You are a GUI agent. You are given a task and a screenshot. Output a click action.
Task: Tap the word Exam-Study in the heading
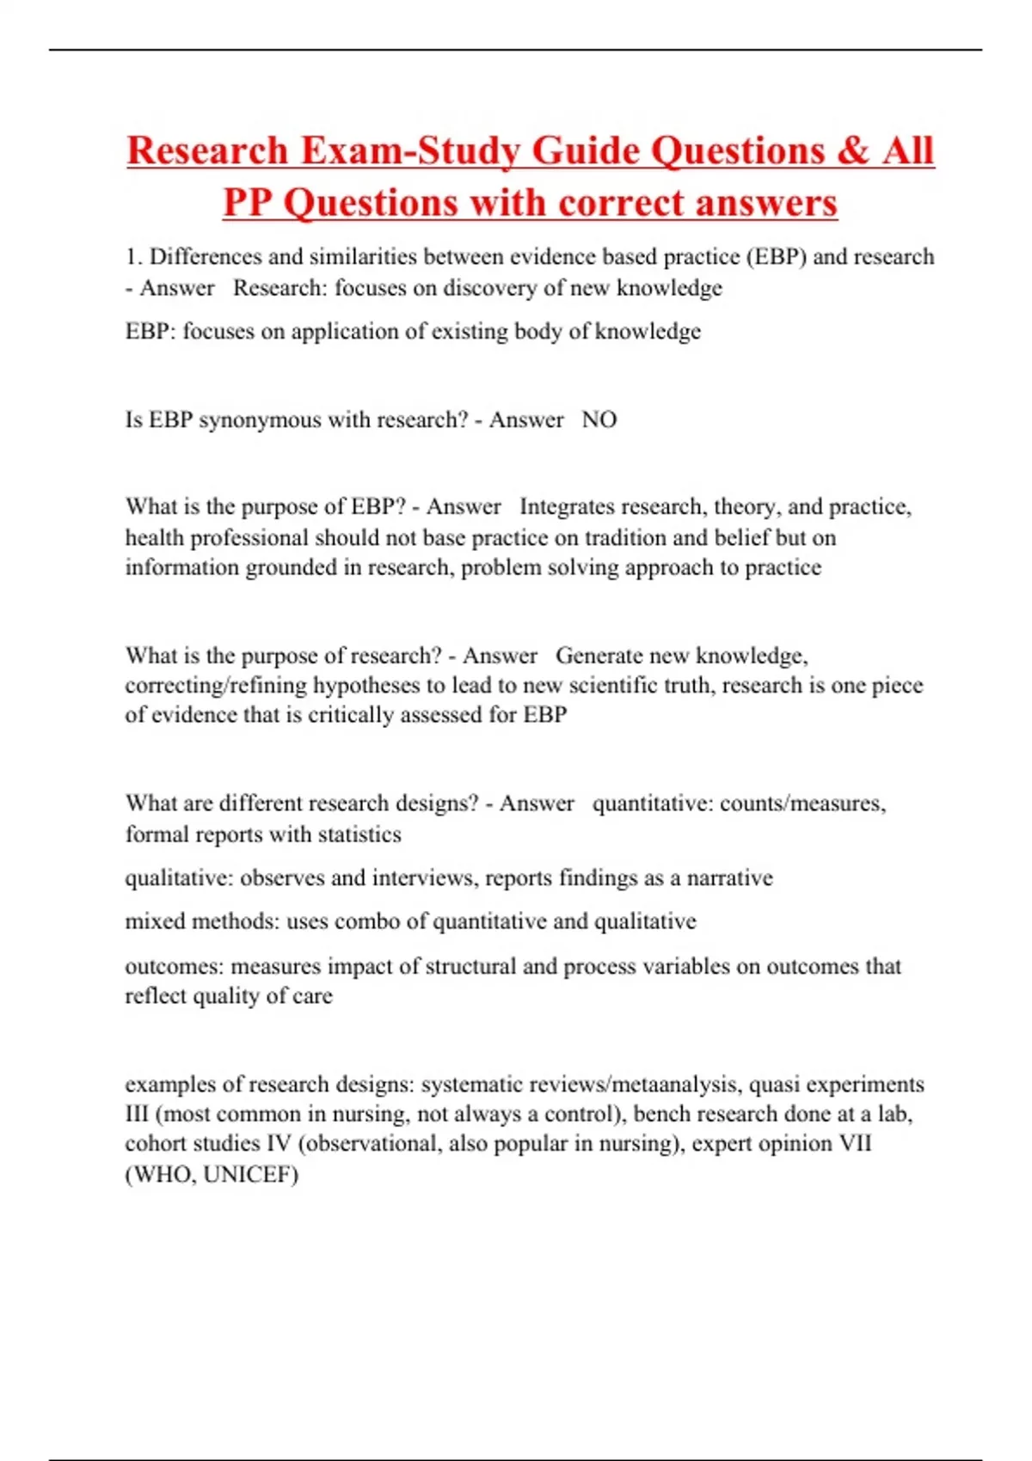tap(408, 151)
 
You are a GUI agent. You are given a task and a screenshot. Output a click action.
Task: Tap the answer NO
tap(599, 420)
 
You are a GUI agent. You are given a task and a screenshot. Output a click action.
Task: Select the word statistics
tap(359, 834)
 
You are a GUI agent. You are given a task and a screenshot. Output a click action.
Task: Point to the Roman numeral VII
tap(854, 1144)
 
